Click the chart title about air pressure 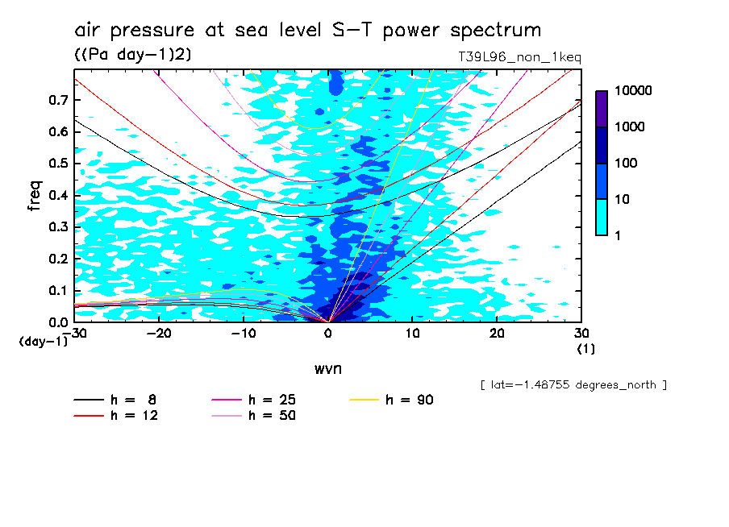[x=307, y=31]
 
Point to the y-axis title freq [x=34, y=196]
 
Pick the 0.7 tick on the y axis [x=58, y=100]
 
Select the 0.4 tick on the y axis [x=58, y=196]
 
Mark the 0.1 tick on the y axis [x=58, y=291]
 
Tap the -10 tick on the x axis [x=244, y=333]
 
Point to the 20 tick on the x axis [x=497, y=333]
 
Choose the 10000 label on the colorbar [x=632, y=91]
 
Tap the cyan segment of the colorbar [x=602, y=217]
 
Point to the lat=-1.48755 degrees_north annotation [x=573, y=385]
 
